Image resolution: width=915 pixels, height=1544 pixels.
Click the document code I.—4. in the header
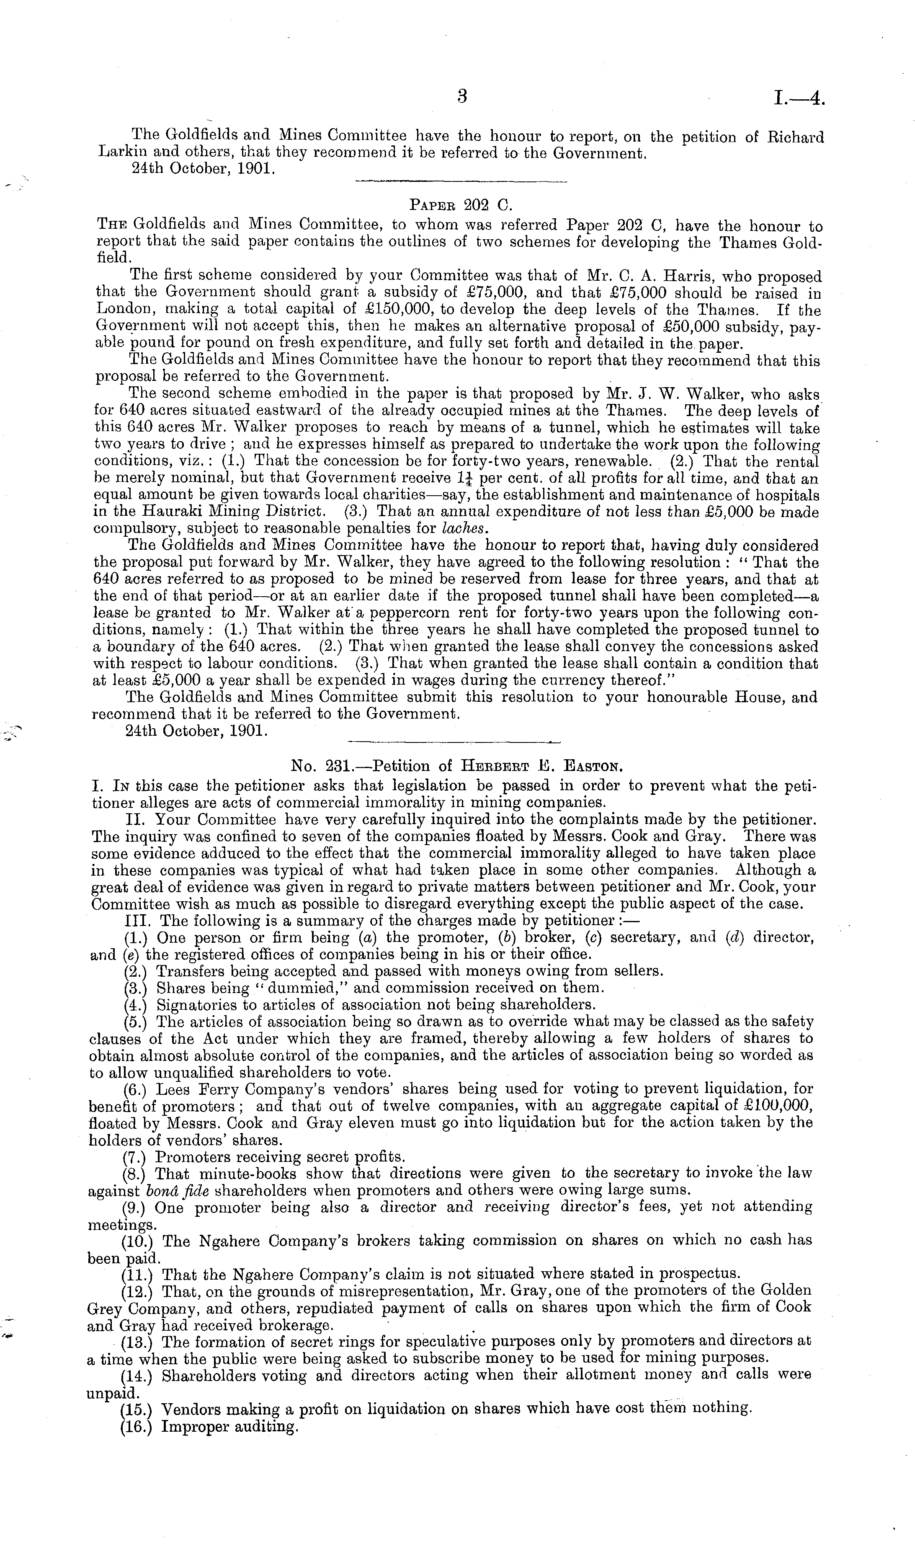click(x=799, y=99)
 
